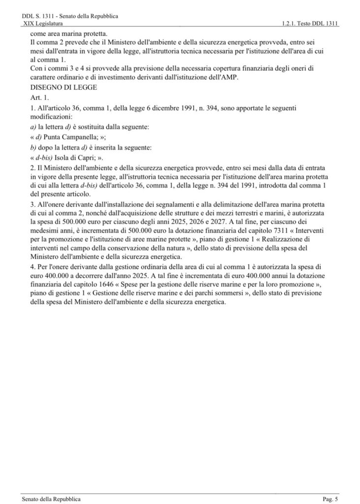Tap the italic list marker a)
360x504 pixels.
26,127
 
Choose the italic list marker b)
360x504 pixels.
26,148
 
